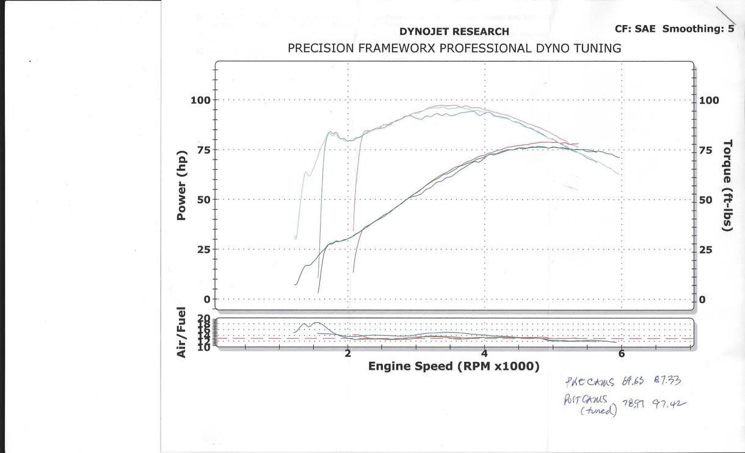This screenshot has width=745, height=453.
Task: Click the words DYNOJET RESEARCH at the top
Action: coord(454,32)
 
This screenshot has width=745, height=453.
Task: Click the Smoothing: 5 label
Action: coord(698,29)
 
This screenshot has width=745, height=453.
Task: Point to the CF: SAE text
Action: coord(636,29)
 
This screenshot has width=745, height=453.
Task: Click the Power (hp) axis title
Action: coord(181,185)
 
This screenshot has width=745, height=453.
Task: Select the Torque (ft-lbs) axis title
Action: coord(727,185)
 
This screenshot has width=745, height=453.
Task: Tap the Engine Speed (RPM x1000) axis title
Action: coord(454,366)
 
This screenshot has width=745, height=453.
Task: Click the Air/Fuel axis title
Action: coord(181,333)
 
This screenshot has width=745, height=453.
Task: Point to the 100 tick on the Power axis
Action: coord(200,100)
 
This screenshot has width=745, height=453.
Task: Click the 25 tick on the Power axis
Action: coord(203,249)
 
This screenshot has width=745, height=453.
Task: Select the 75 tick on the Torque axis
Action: coord(705,150)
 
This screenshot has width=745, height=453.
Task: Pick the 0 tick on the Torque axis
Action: coord(702,300)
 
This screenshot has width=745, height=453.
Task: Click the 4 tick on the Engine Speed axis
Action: coord(484,353)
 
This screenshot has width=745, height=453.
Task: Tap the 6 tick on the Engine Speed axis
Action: coord(621,353)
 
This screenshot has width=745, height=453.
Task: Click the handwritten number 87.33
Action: coord(667,381)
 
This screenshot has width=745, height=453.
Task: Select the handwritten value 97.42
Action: coord(669,403)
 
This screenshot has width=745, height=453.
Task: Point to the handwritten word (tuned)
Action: coord(598,410)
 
